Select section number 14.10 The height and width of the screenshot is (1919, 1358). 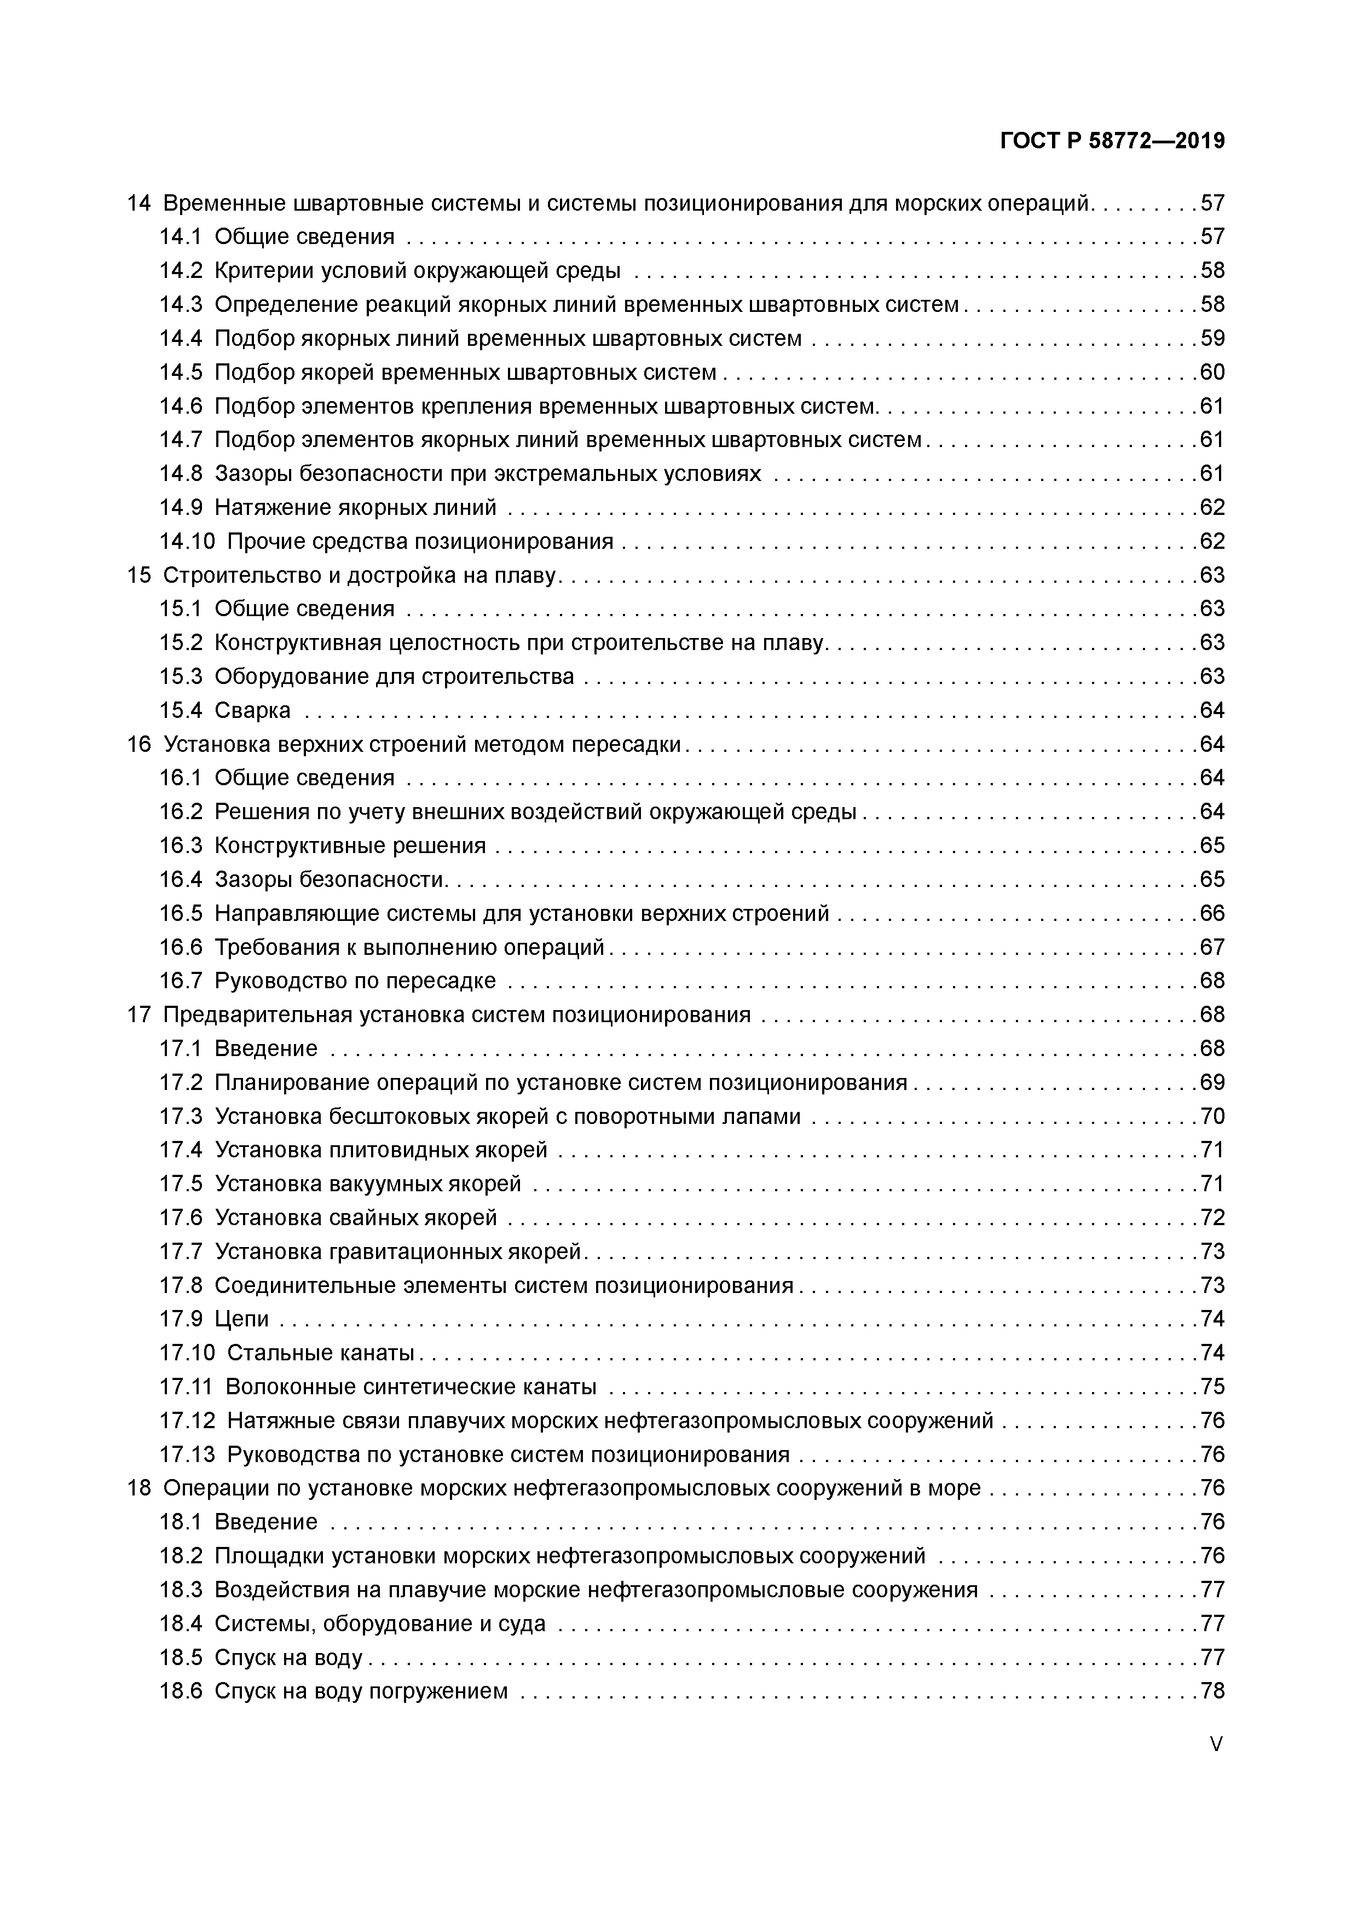[x=187, y=542]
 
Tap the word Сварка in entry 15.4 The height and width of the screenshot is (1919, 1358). [x=252, y=710]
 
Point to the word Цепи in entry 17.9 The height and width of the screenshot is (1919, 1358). [x=242, y=1319]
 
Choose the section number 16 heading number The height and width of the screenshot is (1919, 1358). [x=139, y=744]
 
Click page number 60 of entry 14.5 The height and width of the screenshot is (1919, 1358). [x=1212, y=372]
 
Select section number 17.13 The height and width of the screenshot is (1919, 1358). [x=187, y=1454]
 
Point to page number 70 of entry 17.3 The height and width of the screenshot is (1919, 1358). [x=1212, y=1117]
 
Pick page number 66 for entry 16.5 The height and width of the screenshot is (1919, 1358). [x=1212, y=913]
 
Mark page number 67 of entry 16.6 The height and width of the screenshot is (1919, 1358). [x=1212, y=947]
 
